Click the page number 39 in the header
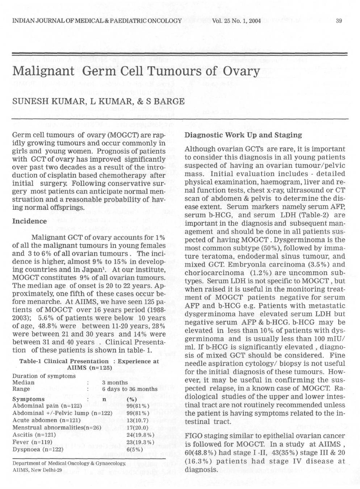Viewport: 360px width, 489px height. (339, 20)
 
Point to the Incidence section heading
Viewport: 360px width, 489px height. (30, 221)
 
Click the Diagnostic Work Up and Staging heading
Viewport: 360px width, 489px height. (243, 135)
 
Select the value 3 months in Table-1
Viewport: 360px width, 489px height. (115, 383)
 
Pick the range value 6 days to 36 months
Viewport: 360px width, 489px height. (130, 389)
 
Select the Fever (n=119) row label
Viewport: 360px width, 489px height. (33, 442)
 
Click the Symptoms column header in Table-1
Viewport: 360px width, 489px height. (29, 399)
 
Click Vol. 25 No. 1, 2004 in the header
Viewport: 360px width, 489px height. (237, 20)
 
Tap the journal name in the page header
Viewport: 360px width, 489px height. (97, 20)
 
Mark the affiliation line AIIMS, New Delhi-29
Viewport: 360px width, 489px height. (37, 470)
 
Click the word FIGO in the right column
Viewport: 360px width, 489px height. (193, 436)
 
